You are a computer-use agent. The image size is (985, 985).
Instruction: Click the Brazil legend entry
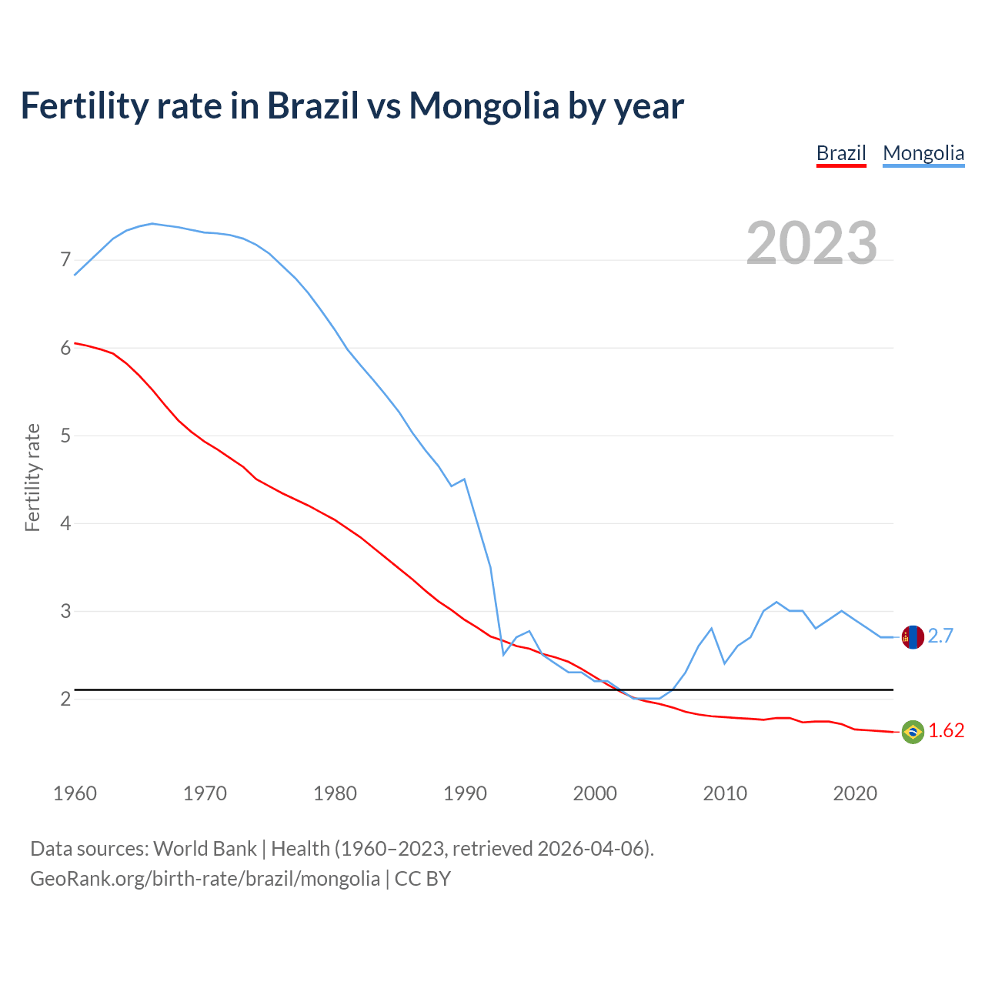tap(841, 153)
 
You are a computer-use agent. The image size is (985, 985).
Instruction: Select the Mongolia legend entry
tap(923, 153)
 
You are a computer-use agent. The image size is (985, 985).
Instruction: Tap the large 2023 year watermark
tap(812, 243)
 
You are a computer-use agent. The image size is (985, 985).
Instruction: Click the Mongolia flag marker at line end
tap(912, 637)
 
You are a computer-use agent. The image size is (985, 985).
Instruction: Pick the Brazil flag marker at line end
tap(912, 731)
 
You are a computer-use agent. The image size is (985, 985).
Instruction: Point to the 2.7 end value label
tap(940, 636)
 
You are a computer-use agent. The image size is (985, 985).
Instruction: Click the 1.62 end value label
tap(946, 731)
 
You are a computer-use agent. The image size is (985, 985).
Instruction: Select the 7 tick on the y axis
tap(65, 260)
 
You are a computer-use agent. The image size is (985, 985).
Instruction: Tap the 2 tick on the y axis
tap(65, 699)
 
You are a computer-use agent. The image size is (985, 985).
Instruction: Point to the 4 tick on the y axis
tap(65, 523)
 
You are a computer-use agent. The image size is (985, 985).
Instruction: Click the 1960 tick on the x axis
tap(75, 793)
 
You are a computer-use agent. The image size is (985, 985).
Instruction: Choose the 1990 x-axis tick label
tap(465, 793)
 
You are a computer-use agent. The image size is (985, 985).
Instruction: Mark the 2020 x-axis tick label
tap(855, 793)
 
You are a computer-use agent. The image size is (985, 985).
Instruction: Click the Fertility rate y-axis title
tap(32, 477)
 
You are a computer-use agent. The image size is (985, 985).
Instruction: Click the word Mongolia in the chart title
tap(483, 105)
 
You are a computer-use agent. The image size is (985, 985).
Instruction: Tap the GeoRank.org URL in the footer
tap(205, 878)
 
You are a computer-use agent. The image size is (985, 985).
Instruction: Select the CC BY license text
tap(422, 878)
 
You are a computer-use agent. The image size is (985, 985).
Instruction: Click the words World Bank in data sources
tap(205, 849)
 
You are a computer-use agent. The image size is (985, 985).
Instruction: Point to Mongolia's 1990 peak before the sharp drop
tap(464, 479)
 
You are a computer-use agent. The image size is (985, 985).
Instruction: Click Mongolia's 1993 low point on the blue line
tap(503, 654)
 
